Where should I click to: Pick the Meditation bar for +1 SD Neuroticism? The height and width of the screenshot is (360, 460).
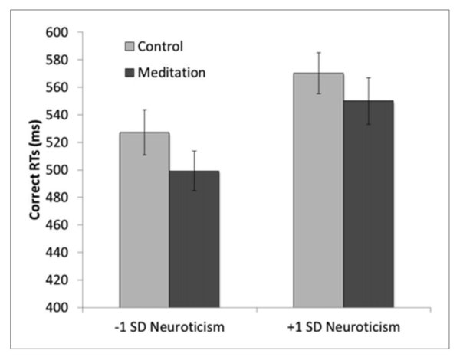[368, 207]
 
